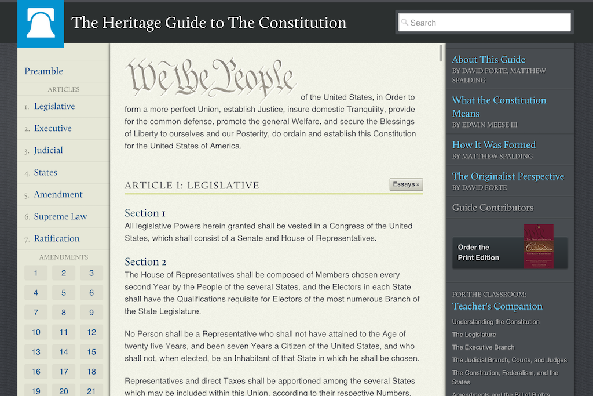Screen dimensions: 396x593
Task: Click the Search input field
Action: coord(485,23)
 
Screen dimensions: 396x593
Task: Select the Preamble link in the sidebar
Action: coord(43,71)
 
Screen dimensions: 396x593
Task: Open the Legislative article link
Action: coord(54,106)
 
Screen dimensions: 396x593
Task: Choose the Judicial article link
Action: coord(48,150)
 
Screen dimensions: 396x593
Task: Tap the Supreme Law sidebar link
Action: coord(60,216)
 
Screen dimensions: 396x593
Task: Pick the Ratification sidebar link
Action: coord(57,238)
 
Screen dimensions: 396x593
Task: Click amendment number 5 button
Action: coord(64,293)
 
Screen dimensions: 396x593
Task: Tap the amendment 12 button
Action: coord(91,332)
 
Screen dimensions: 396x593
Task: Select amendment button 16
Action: coord(36,372)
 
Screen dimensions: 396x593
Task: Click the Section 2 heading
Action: coord(145,262)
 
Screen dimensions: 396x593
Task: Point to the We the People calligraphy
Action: coord(211,78)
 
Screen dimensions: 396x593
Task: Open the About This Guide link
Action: coord(489,59)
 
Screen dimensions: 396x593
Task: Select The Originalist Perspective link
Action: coord(508,176)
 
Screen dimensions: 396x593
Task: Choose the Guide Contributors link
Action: coord(493,208)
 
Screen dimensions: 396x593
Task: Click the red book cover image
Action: coord(539,246)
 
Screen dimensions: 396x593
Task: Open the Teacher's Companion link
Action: coord(497,306)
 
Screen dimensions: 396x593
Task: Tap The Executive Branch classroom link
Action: coord(483,347)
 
